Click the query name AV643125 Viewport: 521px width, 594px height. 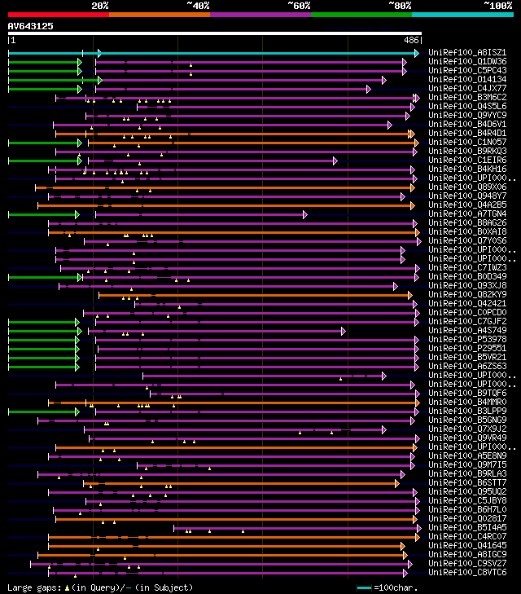point(30,26)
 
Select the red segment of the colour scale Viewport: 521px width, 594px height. point(57,14)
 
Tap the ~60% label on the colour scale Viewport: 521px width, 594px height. point(299,6)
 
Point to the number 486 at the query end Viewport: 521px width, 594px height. point(411,39)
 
